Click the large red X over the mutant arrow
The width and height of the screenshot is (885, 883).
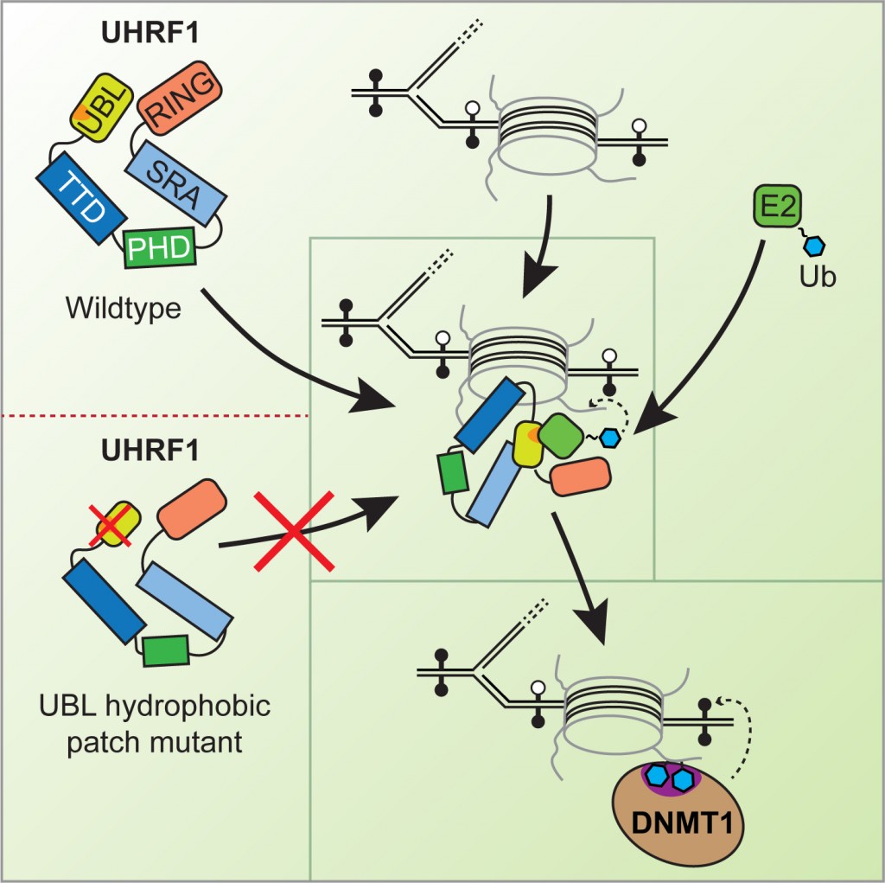[294, 531]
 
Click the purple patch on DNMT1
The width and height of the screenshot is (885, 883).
[671, 777]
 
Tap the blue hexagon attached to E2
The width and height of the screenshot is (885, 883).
[812, 246]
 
